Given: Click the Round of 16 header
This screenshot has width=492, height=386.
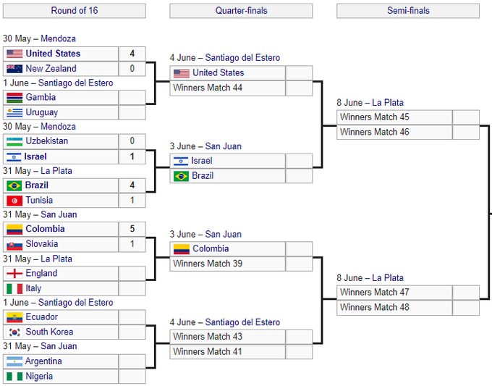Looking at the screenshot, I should coord(74,11).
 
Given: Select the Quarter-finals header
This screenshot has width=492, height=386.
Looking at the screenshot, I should coord(241,11).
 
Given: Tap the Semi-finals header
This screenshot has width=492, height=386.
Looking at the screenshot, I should coord(408,11).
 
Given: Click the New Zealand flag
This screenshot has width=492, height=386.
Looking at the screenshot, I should coord(14,69).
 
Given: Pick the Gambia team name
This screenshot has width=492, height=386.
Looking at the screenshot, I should coord(41,97).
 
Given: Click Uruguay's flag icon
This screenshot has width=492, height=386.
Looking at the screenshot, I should coord(14,112).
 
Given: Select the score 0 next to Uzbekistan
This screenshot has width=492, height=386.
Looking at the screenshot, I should coord(132,141).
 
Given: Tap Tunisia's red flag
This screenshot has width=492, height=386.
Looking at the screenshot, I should coord(14,201).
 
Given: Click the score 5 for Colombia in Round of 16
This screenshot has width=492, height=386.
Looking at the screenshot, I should coord(132,229).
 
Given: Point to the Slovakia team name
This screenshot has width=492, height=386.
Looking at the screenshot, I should coord(42,244).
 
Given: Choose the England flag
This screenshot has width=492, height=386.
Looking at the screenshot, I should coord(14,273).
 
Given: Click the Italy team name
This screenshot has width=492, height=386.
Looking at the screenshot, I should coord(33,288).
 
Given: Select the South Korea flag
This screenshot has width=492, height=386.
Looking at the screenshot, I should coord(14,332).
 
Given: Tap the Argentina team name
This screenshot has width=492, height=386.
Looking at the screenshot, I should coord(43,361).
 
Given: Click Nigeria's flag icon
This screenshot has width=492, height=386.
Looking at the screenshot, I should coord(14,377).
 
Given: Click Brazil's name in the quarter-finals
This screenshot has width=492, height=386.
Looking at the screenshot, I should coord(203,176).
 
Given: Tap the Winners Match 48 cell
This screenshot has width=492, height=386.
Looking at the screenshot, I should coord(375,307).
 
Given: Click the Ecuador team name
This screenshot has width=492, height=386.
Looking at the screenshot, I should coord(41,317).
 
